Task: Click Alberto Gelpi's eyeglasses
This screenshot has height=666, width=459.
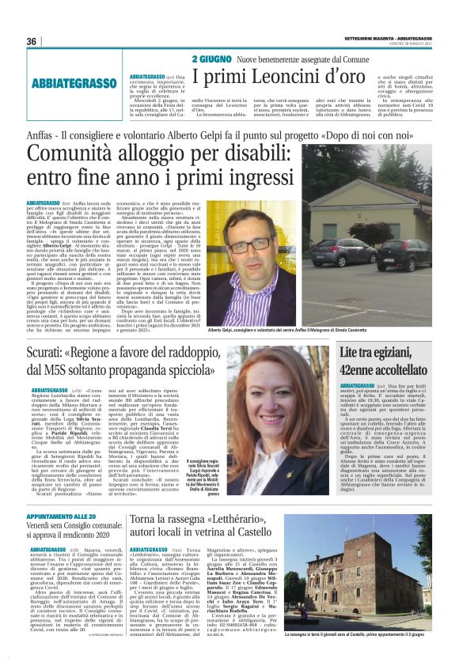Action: pyautogui.click(x=243, y=245)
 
